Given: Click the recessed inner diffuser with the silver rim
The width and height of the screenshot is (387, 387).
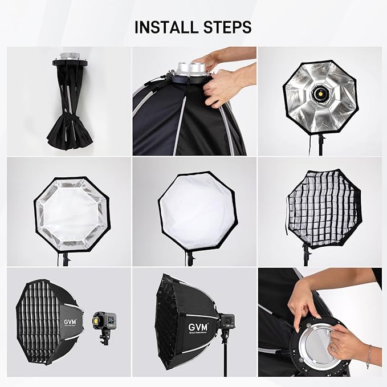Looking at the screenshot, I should pos(71,211).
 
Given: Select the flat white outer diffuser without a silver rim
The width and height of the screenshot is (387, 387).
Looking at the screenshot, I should pos(194,210).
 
